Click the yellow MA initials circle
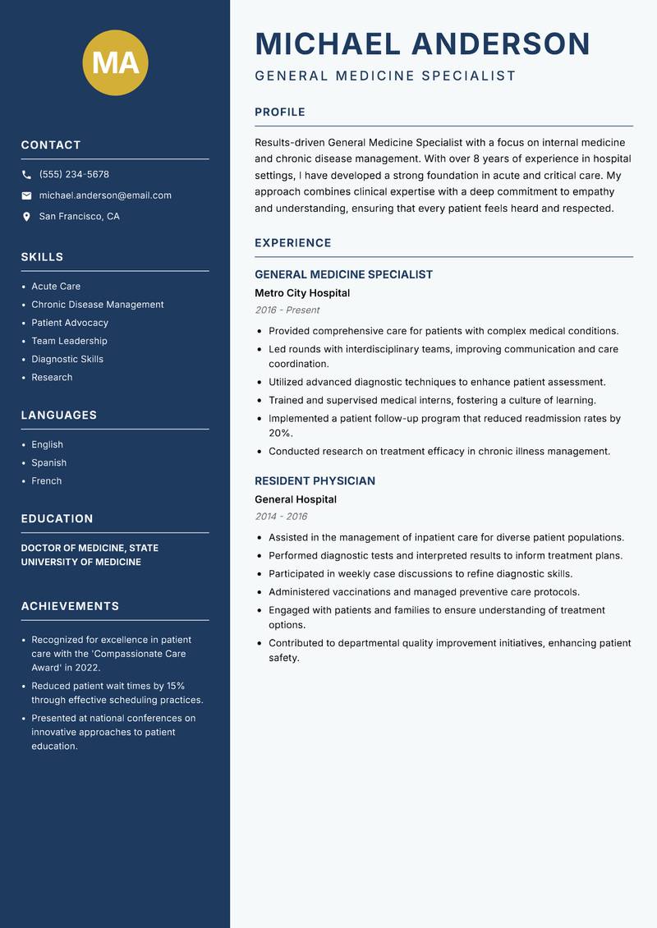coord(116,62)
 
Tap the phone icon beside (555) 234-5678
coord(26,175)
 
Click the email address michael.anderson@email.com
coord(105,195)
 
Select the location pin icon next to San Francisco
coord(26,217)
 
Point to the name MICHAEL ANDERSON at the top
coord(423,44)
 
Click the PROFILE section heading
coord(280,113)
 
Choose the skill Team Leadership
coord(69,341)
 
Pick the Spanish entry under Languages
coord(48,463)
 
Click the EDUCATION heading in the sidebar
coord(57,519)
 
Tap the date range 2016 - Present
coord(287,310)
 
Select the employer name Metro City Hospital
coord(302,293)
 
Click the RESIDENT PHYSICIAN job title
coord(315,481)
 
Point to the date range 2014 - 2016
coord(281,517)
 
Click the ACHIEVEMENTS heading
coord(70,606)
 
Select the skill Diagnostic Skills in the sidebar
coord(67,359)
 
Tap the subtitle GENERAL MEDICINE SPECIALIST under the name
coord(385,76)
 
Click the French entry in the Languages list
coord(47,481)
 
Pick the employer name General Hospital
coord(296,499)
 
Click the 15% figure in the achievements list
coord(175,686)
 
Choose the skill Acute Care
coord(56,287)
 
